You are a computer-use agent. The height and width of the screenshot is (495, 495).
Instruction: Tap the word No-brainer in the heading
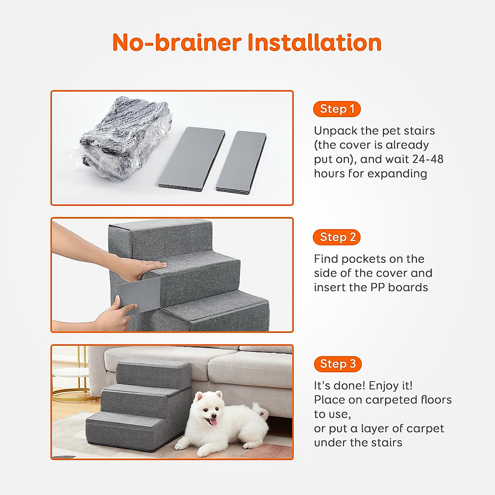177,42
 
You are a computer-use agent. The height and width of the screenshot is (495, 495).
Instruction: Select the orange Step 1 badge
337,109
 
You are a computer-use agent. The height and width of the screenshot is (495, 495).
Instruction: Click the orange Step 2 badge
337,237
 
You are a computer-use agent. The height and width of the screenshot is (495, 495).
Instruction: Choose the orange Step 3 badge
337,364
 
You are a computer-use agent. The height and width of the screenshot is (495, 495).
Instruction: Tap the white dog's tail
260,411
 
